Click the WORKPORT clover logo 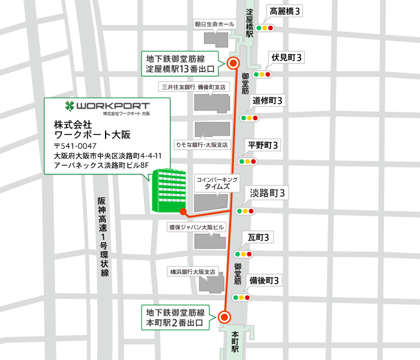(71, 106)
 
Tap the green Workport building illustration (168, 190)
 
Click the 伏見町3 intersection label (285, 58)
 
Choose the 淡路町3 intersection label (269, 193)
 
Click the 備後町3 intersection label (265, 280)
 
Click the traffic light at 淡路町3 (246, 211)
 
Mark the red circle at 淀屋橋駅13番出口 (234, 63)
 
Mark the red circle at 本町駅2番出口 (224, 317)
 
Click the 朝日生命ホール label (214, 24)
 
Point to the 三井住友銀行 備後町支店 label (193, 87)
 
